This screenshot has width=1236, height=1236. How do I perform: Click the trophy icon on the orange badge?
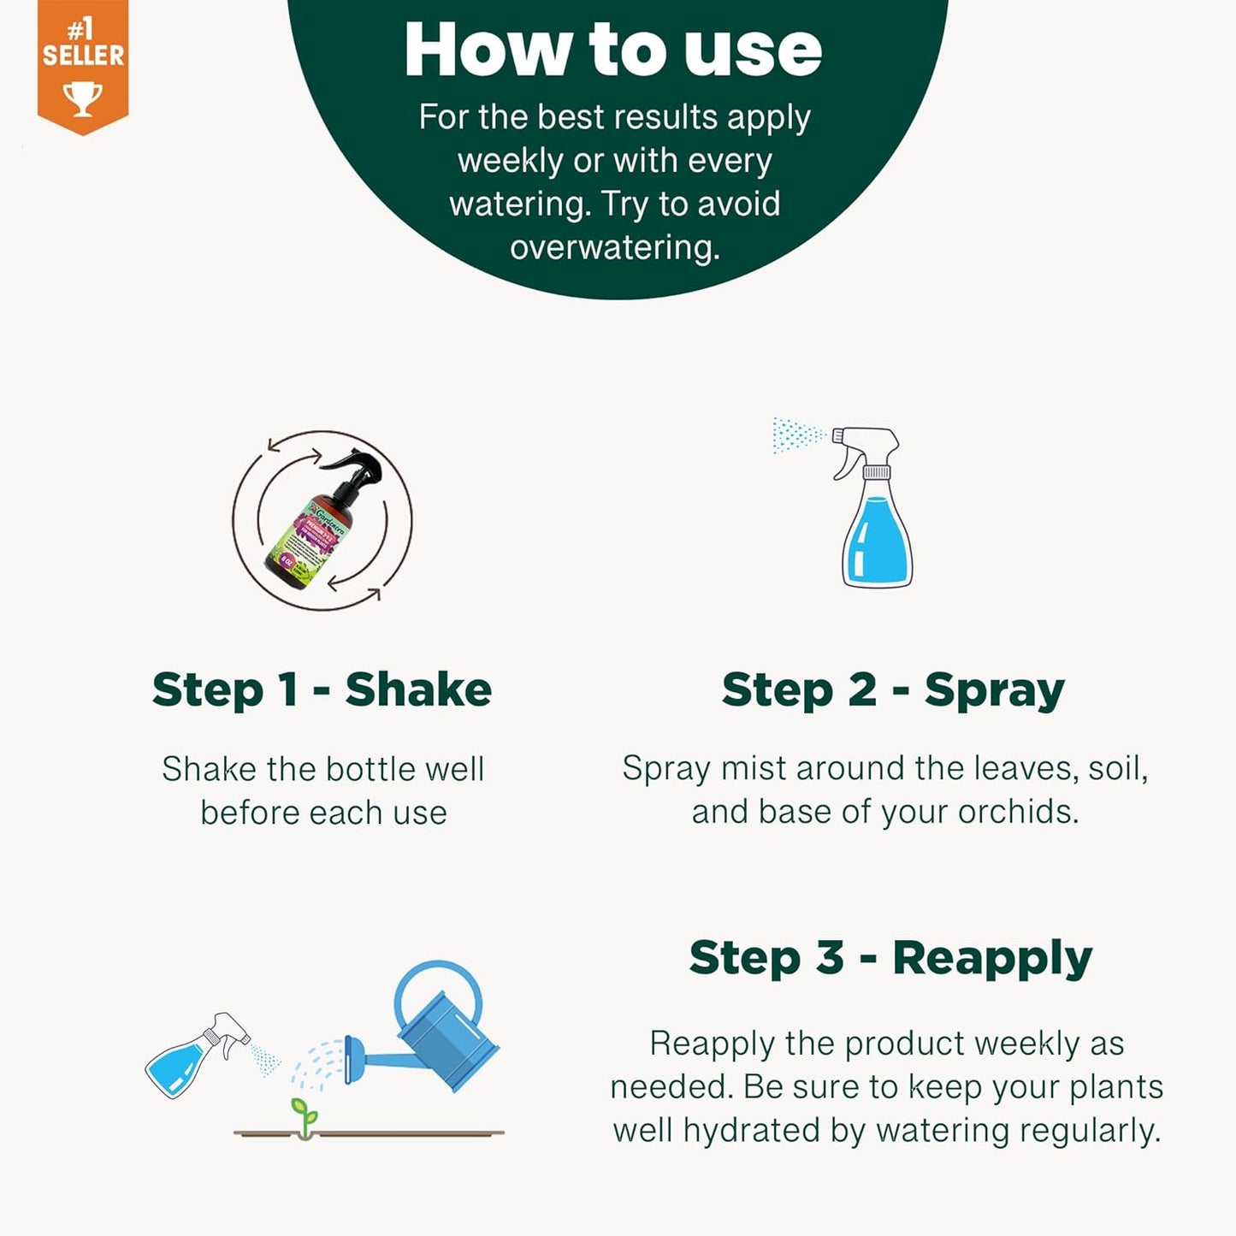(x=83, y=98)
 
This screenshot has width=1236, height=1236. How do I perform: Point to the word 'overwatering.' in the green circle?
(x=615, y=247)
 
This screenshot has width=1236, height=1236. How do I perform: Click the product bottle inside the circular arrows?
(x=322, y=521)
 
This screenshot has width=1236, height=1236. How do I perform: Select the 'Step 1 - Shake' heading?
(x=322, y=689)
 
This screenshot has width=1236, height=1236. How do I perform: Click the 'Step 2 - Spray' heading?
(x=892, y=689)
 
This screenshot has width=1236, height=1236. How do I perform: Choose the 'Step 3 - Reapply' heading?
(x=890, y=957)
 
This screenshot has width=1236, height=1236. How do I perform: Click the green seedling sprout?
(x=303, y=1115)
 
